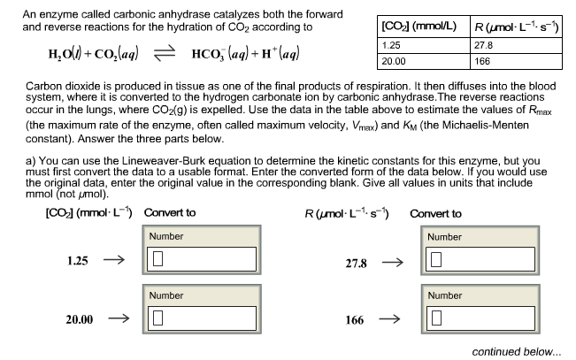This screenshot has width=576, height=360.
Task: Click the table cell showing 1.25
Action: click(x=424, y=45)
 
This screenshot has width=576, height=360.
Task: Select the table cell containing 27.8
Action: click(x=516, y=45)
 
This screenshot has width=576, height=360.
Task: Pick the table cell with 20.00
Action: click(x=424, y=61)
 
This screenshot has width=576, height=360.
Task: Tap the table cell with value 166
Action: click(x=516, y=61)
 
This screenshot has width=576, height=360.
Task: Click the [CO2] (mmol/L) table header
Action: click(x=424, y=27)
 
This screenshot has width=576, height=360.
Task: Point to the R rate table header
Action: click(x=516, y=27)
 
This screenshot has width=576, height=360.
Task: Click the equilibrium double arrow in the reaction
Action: click(x=165, y=54)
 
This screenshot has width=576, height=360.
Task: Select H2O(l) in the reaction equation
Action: click(x=65, y=54)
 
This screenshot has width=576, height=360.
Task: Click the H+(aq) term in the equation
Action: click(x=280, y=54)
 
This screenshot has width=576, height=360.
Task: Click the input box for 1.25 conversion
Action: click(x=202, y=259)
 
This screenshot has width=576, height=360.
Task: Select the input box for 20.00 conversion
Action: click(x=202, y=318)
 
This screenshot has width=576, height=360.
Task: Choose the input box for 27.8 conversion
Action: click(x=480, y=259)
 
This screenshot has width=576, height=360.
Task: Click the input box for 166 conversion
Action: click(x=480, y=318)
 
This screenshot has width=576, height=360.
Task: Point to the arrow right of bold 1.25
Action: click(x=114, y=260)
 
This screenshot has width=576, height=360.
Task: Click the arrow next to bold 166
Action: click(x=389, y=318)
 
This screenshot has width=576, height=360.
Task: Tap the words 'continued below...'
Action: click(x=517, y=351)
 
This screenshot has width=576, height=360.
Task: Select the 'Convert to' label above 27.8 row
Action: click(x=435, y=214)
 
